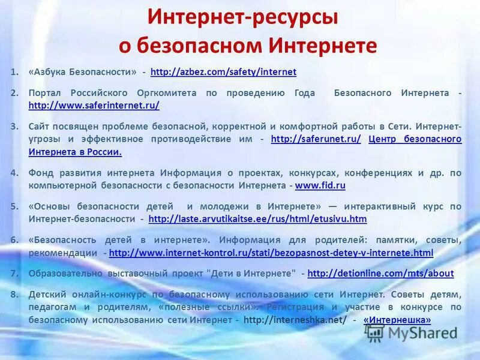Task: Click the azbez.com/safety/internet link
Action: [223, 72]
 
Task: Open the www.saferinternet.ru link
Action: [94, 105]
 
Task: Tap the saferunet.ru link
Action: [316, 139]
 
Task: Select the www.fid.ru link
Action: [320, 185]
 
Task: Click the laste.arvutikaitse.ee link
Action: [257, 219]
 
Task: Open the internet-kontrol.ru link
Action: [271, 253]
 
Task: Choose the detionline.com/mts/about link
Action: [380, 273]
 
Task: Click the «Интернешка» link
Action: [397, 320]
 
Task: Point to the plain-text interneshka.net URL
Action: [296, 320]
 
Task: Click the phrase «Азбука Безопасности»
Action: [83, 72]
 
